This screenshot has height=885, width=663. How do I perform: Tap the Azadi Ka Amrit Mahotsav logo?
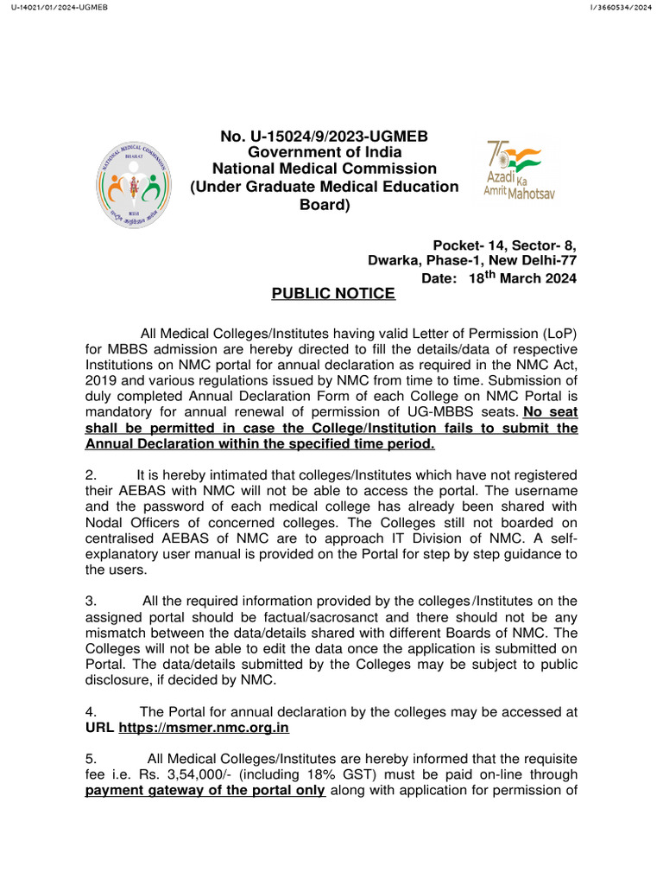[x=520, y=169]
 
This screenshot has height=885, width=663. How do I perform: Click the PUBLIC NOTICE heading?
[x=333, y=294]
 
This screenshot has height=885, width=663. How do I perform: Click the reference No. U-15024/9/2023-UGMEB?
[x=324, y=137]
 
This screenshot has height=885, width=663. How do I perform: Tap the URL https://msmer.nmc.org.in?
[x=204, y=729]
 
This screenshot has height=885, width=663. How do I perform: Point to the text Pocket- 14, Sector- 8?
[x=504, y=245]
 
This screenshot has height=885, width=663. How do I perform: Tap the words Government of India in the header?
[x=324, y=153]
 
